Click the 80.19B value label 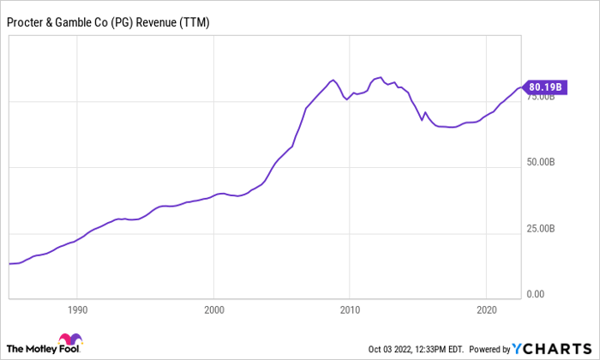546,87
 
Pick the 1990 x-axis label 77,309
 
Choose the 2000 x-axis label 213,309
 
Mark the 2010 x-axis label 350,309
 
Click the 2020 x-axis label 486,309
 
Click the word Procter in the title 27,22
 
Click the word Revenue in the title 160,22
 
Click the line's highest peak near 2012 380,77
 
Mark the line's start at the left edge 9,263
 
